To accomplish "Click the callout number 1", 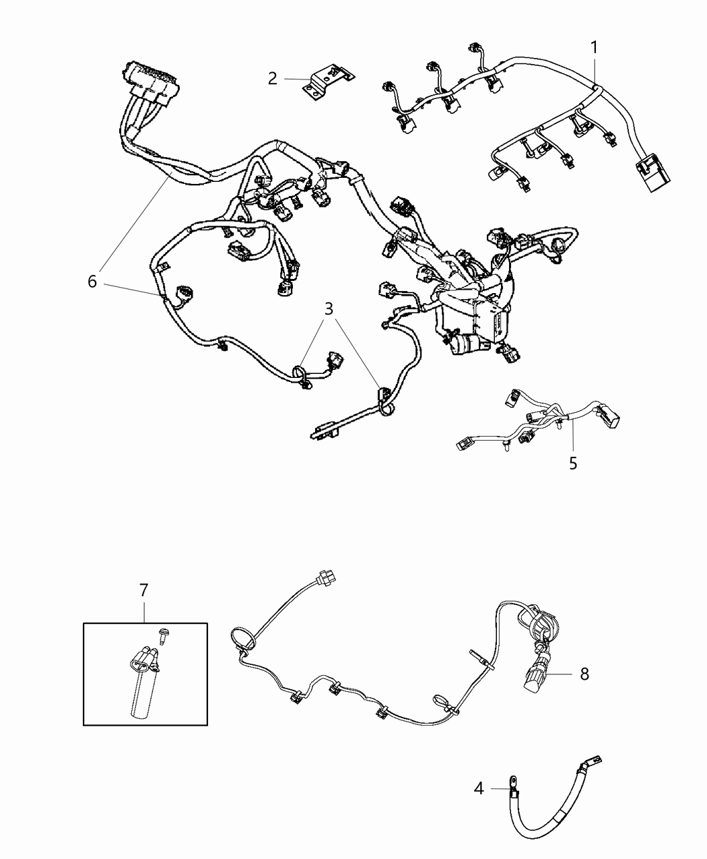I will pos(594,48).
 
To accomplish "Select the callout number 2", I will pos(272,79).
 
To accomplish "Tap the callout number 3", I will pos(329,309).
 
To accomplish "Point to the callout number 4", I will pos(479,788).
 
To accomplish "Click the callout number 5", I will pos(573,464).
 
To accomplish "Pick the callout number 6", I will pos(92,281).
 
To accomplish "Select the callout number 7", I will pos(143,591).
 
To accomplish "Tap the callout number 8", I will pos(584,674).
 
